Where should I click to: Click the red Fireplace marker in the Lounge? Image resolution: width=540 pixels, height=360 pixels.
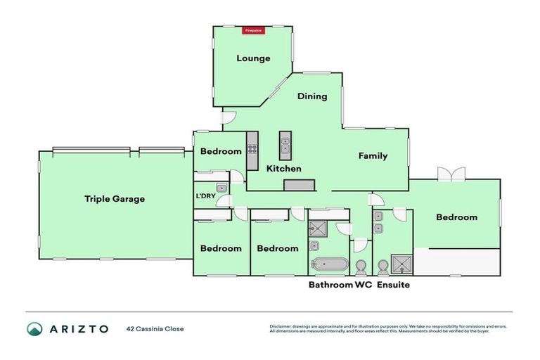pos(253,30)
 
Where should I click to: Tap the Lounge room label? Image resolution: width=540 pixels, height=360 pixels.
pos(253,58)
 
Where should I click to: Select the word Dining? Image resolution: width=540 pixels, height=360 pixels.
pos(312,96)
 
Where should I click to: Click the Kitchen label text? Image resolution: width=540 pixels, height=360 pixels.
pos(283,169)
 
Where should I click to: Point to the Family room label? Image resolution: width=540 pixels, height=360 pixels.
pos(373,156)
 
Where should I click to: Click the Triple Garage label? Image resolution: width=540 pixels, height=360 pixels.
pos(115,199)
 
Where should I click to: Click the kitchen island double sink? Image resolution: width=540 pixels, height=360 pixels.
pos(285,146)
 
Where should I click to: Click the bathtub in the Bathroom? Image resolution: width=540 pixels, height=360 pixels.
pos(329,265)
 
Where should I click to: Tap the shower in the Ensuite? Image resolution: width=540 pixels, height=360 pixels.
pos(404,264)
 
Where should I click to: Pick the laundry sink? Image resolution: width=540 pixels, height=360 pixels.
pos(221,188)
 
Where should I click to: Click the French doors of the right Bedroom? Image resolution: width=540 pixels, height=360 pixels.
pos(451,173)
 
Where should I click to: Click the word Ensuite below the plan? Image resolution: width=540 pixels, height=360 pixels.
pos(393,285)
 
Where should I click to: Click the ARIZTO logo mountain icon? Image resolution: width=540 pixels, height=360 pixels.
pos(34,328)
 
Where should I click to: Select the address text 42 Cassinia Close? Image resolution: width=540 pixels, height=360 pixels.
pos(155,328)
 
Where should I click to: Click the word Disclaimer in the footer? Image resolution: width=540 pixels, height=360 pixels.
pos(283,326)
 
